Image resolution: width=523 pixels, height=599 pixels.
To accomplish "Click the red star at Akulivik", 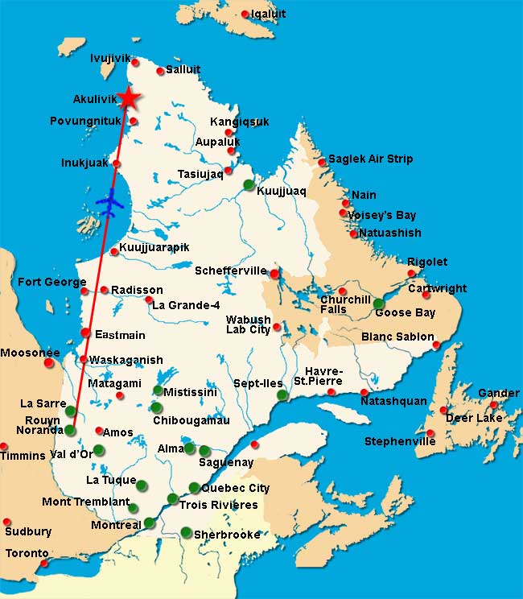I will (x=128, y=97).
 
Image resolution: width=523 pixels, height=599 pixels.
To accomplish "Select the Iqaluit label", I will (x=268, y=14).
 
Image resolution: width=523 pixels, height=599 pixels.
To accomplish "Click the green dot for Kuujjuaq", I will (x=249, y=184).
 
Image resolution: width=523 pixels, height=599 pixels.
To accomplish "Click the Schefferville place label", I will (x=230, y=271).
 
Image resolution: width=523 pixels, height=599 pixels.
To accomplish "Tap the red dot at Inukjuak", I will (x=117, y=163).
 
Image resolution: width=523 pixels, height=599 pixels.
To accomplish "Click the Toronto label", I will (x=27, y=554).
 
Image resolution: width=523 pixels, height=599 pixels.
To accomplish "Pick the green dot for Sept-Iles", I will (x=282, y=395).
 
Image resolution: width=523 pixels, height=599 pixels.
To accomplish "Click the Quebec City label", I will (x=235, y=488).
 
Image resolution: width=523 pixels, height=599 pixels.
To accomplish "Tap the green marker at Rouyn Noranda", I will (x=70, y=430).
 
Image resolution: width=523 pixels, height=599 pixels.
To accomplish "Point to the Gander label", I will (x=498, y=393).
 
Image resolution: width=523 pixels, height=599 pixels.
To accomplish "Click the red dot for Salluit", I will (x=160, y=72).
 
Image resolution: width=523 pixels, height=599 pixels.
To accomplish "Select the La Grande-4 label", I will (x=186, y=305).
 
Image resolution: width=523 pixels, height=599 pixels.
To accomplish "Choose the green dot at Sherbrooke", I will (x=186, y=531).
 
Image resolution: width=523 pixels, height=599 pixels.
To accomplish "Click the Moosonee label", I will (x=30, y=353).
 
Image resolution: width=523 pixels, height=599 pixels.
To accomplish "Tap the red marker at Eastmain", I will (x=85, y=333).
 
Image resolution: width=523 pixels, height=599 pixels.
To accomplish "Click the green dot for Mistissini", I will (x=158, y=390).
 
